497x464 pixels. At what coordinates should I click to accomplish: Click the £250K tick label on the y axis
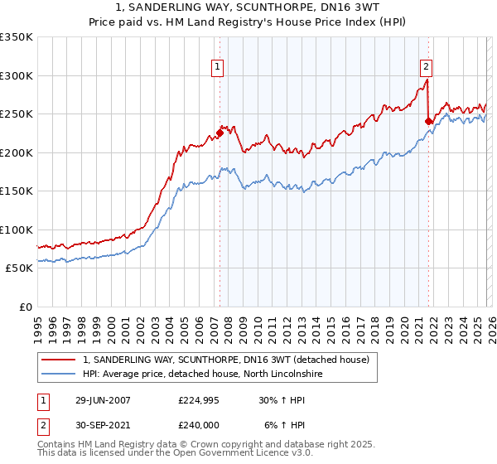coord(17,114)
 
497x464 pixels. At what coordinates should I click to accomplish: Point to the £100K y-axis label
coord(17,230)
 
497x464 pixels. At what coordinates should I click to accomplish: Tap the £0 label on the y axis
coord(25,307)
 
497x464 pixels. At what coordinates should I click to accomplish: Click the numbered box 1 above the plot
coord(217,67)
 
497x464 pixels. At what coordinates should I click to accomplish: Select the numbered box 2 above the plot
coord(426,67)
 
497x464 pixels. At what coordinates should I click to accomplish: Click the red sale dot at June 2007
coord(220,133)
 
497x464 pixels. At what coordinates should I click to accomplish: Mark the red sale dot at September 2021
coord(428,121)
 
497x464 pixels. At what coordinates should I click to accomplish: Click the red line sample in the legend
coord(59,360)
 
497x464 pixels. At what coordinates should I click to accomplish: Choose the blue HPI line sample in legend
coord(59,374)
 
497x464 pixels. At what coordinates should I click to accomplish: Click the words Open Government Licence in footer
coord(224,455)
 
